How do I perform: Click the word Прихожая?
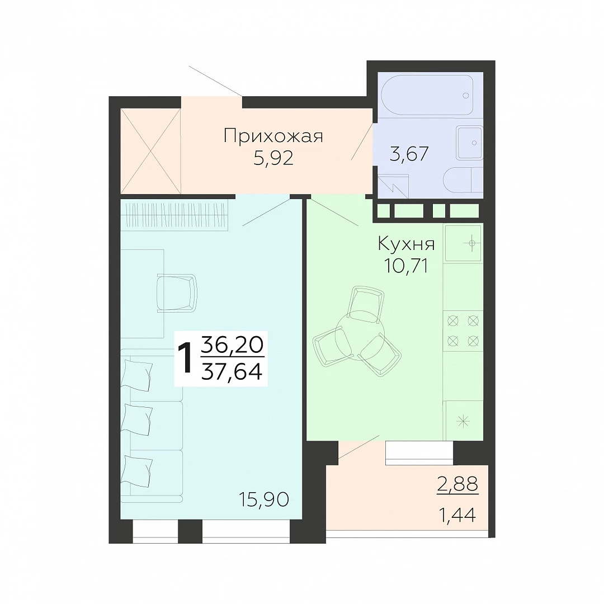pos(273,136)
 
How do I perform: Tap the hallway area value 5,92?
pos(273,158)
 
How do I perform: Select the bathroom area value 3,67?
pos(409,154)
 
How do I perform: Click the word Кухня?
pos(406,243)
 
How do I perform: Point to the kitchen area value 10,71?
pos(406,266)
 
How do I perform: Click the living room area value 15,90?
pos(264,499)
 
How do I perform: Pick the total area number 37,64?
pos(232,371)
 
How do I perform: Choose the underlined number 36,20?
pos(232,345)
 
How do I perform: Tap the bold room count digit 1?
pos(185,358)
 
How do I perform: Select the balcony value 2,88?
pos(457,484)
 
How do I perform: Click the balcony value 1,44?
pos(457,515)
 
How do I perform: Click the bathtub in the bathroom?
pos(427,95)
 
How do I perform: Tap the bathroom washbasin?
pos(469,143)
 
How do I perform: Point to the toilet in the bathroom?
pos(464,180)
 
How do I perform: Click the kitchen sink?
pos(463,243)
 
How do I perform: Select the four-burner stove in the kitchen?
pos(463,331)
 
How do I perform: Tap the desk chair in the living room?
pos(177,293)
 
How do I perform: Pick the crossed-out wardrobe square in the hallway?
pos(150,151)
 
